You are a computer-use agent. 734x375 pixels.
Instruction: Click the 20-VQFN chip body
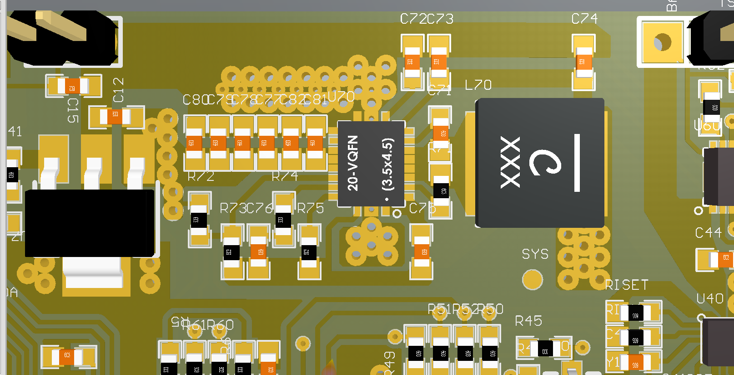tap(371, 164)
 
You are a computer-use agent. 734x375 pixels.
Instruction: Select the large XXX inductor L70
tap(540, 163)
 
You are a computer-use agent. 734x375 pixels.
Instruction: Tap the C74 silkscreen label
tap(584, 19)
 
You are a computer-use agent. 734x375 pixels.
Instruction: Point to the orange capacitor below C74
tap(583, 62)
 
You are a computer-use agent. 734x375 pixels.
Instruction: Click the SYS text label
tap(535, 254)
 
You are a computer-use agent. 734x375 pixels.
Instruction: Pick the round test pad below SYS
tap(532, 280)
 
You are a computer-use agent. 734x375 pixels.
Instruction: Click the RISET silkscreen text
tap(626, 285)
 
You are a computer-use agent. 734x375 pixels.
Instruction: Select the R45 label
tap(528, 321)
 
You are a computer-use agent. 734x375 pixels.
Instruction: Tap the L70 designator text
tap(478, 85)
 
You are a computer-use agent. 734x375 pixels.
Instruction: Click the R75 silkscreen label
tap(311, 209)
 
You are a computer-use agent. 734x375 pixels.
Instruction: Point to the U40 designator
tap(710, 299)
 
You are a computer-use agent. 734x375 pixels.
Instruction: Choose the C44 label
tap(708, 233)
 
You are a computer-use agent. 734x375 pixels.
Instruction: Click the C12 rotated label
tap(118, 90)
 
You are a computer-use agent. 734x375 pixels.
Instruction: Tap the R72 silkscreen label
tap(201, 176)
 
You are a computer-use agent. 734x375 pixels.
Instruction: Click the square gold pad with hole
tap(663, 42)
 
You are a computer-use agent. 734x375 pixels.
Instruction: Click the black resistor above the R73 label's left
tap(199, 220)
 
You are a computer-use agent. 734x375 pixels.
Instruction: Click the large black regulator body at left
tap(90, 223)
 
